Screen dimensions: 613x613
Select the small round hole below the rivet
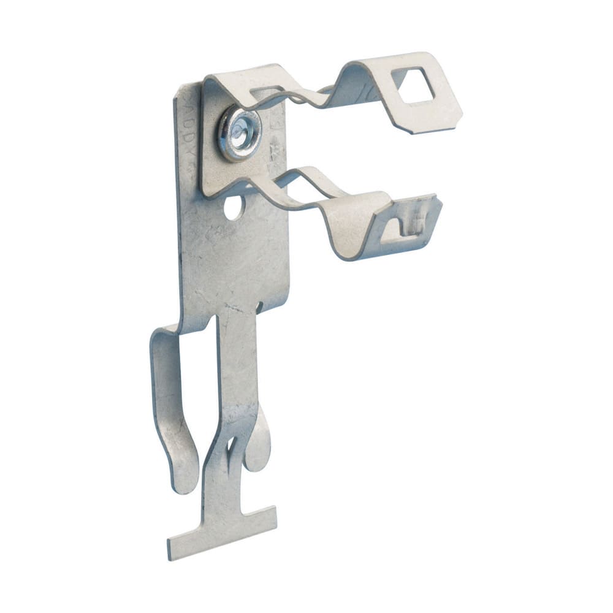[233, 208]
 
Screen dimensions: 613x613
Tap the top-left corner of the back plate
[180, 89]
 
